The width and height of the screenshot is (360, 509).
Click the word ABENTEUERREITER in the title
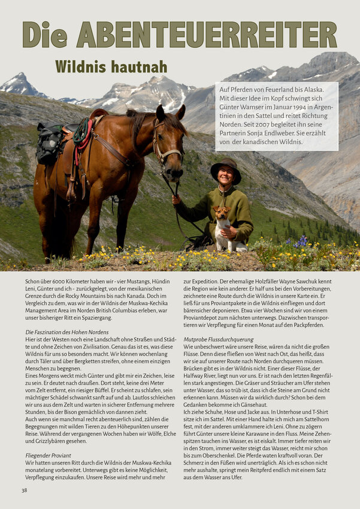coord(207,35)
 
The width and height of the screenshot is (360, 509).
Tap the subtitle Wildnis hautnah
coord(111,66)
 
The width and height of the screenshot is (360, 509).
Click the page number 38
coord(25,490)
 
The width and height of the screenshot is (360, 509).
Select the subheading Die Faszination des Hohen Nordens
coord(67,332)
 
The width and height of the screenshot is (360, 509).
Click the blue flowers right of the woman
coord(301,242)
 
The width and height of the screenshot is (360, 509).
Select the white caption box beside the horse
coord(276,116)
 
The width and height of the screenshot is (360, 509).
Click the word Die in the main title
coord(44,35)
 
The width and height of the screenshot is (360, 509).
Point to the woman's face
coord(226,177)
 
